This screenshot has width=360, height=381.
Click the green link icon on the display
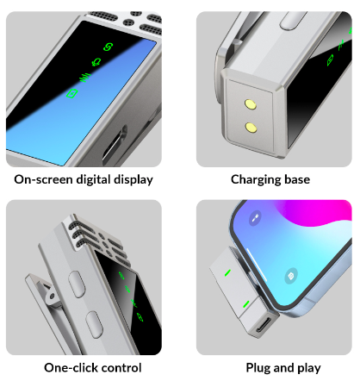pos(108,47)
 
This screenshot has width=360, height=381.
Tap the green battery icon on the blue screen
pos(71,93)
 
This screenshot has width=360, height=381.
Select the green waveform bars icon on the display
pos(85,78)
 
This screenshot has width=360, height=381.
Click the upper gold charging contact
pos(251,104)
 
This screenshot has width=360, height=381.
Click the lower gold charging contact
pos(251,128)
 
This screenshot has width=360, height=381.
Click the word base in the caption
pos(297,179)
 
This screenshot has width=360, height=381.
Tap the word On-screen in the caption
pos(43,179)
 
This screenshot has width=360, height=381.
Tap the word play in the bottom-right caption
pos(309,368)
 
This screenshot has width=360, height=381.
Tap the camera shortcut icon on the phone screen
pos(291,276)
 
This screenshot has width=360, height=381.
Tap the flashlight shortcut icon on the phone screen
pos(255,218)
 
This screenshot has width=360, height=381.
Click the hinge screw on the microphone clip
pos(52,296)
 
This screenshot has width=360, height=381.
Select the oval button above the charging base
pos(293,21)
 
